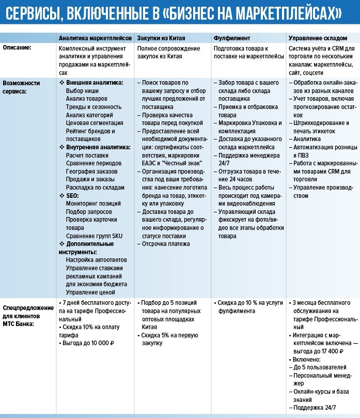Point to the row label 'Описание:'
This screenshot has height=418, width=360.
click(x=17, y=48)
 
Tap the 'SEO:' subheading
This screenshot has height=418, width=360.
click(x=72, y=196)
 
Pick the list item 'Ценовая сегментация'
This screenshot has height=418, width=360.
click(x=95, y=123)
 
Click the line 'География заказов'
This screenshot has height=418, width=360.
click(x=91, y=172)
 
